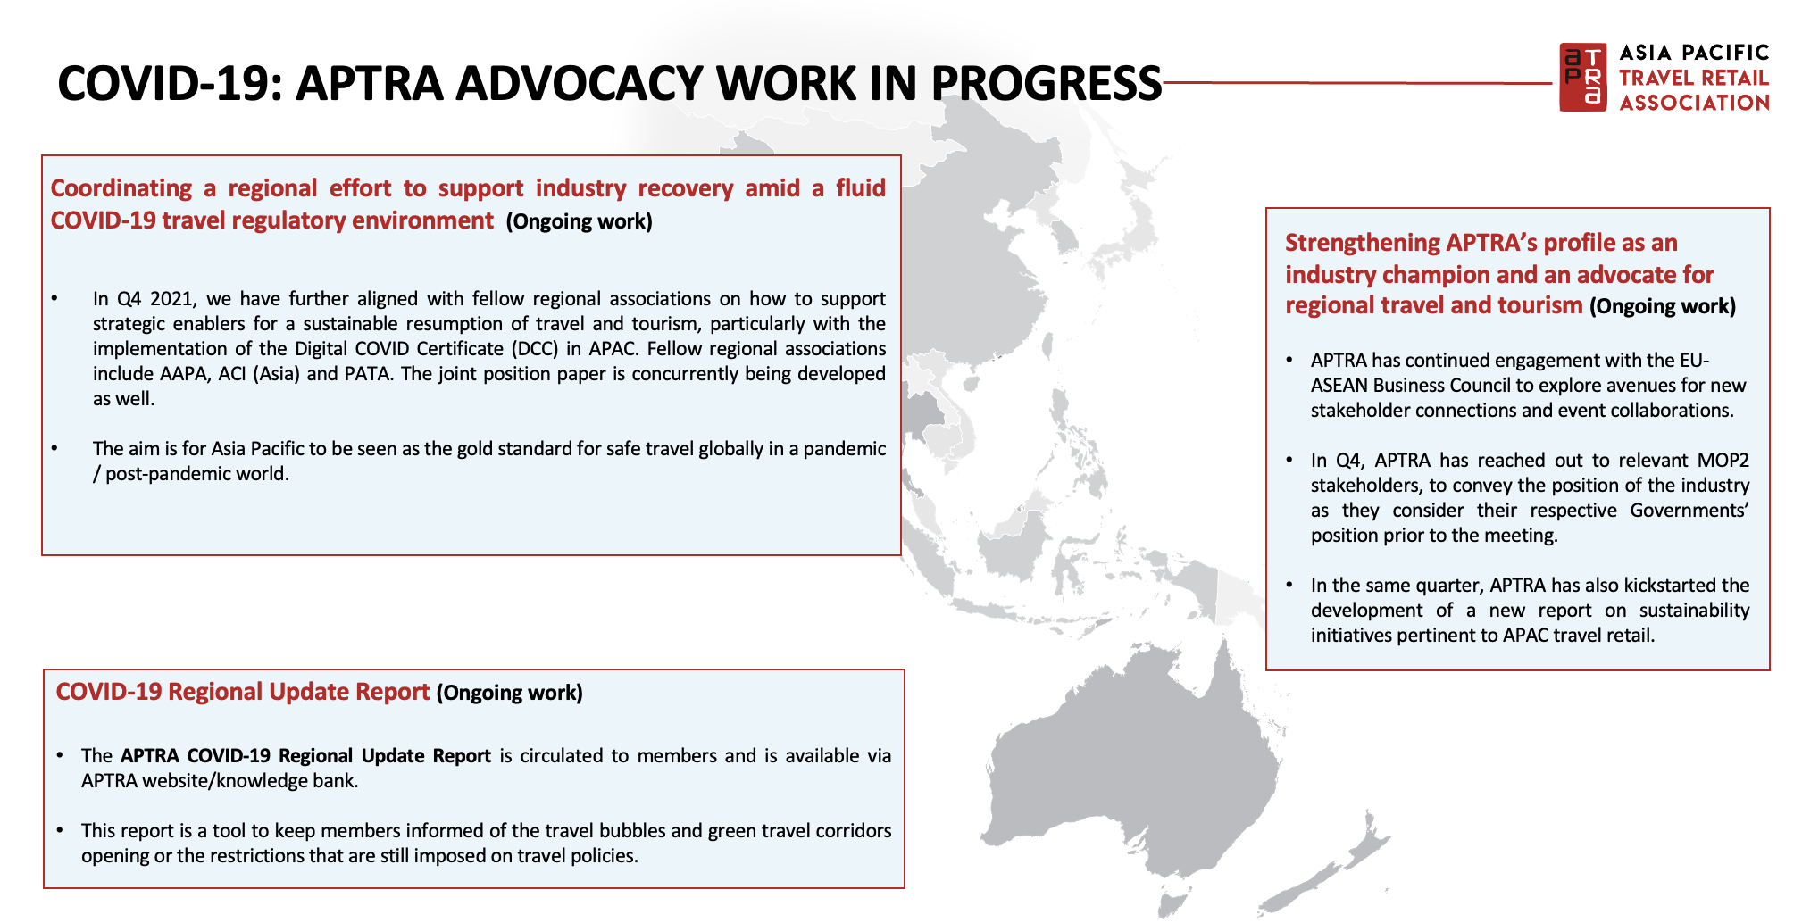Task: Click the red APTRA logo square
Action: click(1582, 77)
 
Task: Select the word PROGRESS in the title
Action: click(1047, 83)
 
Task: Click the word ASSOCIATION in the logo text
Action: click(1695, 103)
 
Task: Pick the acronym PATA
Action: click(367, 374)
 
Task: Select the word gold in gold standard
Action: click(476, 449)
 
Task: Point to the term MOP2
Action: click(1723, 461)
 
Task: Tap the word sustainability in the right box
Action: click(1694, 611)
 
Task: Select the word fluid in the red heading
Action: click(861, 188)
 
